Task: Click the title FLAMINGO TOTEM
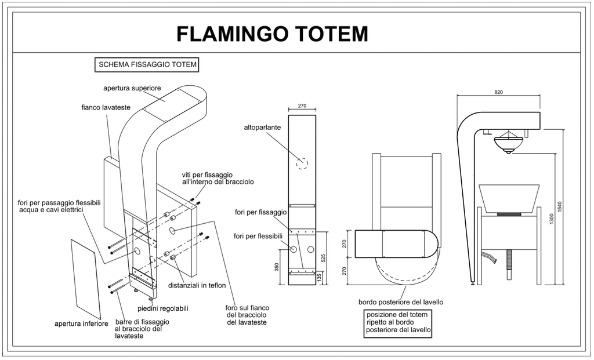[x=272, y=34]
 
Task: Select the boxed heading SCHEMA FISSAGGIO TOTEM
[x=147, y=65]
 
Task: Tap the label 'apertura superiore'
[x=132, y=88]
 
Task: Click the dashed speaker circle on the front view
[x=302, y=163]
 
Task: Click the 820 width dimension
[x=498, y=92]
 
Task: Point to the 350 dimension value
[x=277, y=266]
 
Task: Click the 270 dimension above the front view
[x=302, y=107]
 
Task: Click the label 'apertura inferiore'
[x=81, y=323]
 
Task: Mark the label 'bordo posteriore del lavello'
[x=401, y=302]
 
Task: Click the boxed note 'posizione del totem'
[x=398, y=322]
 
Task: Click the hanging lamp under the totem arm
[x=508, y=141]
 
